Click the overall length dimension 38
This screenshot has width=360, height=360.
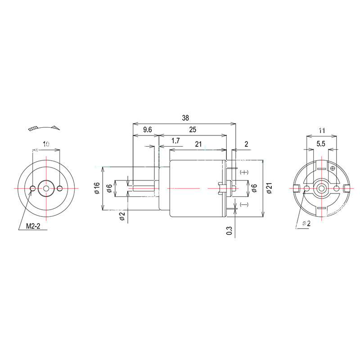click(x=185, y=118)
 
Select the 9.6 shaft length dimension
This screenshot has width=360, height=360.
click(x=148, y=130)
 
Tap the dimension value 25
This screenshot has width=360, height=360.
click(x=193, y=130)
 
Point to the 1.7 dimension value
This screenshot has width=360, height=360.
click(x=175, y=141)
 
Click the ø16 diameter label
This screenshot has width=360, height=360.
click(x=97, y=188)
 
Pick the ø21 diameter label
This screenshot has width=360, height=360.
click(x=269, y=189)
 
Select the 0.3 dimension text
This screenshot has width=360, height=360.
click(x=229, y=230)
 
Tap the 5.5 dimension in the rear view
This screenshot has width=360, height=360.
click(x=321, y=144)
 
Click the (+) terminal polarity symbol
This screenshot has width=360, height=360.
click(x=245, y=172)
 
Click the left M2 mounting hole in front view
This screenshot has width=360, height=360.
click(x=33, y=188)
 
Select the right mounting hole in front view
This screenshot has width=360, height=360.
click(x=59, y=188)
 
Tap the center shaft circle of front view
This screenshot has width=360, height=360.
click(x=46, y=188)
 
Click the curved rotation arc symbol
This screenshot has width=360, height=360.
click(x=43, y=128)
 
